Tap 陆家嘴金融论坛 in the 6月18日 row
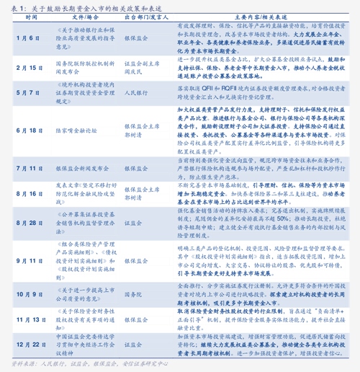pos(76,131)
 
